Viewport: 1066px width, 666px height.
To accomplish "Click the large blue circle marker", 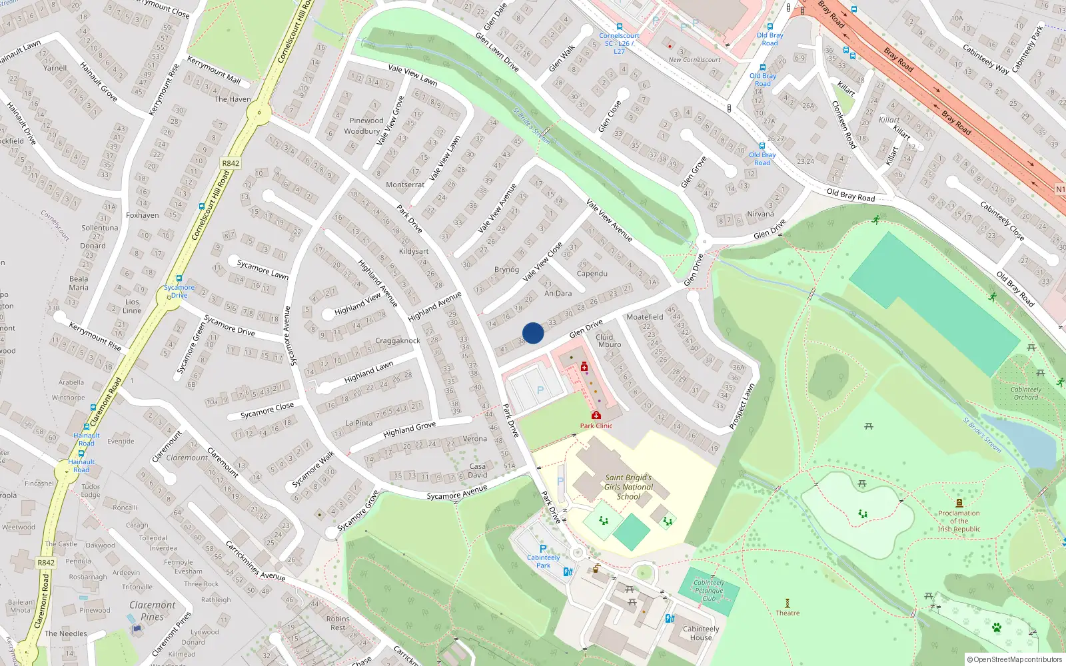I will (533, 333).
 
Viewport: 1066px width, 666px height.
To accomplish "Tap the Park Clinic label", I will (596, 426).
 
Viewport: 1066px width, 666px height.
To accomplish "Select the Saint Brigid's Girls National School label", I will (628, 487).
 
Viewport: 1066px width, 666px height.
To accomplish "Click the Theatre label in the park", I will (788, 613).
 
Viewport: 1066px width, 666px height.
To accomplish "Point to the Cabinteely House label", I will (701, 633).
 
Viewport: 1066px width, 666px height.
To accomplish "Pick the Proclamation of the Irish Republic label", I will (959, 521).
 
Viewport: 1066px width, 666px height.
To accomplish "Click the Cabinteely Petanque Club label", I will (708, 590).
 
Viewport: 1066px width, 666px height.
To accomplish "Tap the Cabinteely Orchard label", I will (1025, 393).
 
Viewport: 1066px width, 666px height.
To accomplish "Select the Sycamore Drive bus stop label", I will (179, 291).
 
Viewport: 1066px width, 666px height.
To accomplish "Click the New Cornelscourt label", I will (694, 59).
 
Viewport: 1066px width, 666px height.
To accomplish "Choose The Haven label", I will (233, 99).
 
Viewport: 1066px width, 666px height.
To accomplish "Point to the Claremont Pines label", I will (153, 611).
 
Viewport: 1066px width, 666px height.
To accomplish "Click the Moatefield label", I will (644, 317).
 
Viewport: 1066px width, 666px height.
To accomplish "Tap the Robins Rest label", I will (338, 623).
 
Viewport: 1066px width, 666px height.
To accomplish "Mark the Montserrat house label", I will (405, 184).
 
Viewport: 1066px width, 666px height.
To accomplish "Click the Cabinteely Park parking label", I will (544, 561).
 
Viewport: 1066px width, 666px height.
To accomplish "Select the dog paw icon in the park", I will (996, 627).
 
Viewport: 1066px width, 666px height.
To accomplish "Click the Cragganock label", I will (397, 340).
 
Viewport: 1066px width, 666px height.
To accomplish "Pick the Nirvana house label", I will (760, 214).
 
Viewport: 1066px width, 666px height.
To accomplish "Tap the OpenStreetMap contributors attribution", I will (1015, 659).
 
